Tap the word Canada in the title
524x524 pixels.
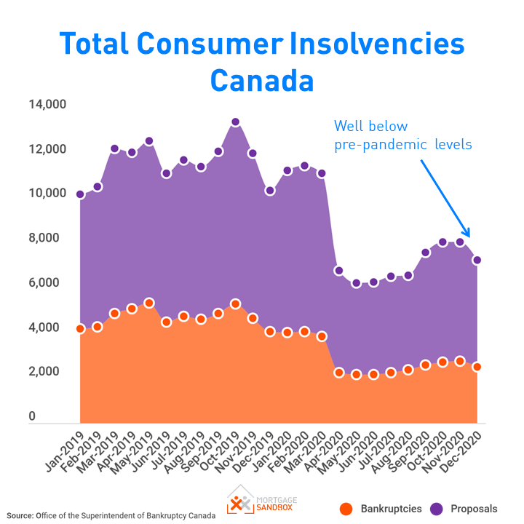coord(262,79)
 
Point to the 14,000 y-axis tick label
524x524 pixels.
coord(47,105)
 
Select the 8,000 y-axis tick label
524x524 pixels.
coord(51,239)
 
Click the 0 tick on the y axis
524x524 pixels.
coord(32,417)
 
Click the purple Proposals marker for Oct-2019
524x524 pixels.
coord(235,122)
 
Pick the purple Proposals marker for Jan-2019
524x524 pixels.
coord(80,194)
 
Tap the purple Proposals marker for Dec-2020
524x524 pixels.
coord(477,260)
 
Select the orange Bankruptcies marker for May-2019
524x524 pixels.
coord(149,303)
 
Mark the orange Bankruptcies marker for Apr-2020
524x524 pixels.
coord(338,373)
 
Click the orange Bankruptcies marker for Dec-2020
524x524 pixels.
coord(477,367)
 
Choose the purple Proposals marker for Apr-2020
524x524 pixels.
coord(338,271)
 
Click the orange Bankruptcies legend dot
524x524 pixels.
coord(346,509)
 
